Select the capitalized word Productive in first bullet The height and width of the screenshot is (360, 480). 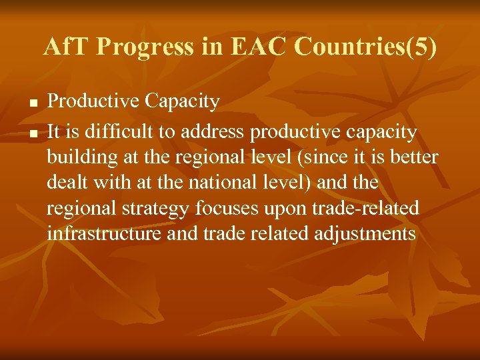[x=93, y=101]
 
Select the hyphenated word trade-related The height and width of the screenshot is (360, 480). [x=365, y=209]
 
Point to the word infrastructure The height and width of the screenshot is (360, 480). [x=103, y=234]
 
